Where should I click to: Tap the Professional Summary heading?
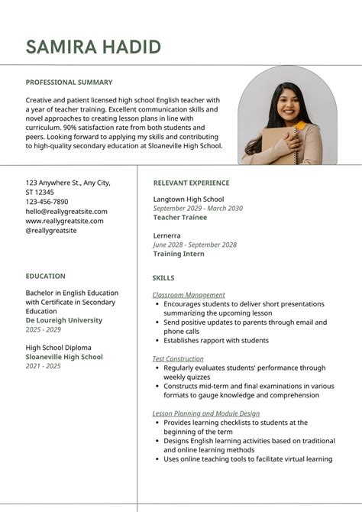(69, 83)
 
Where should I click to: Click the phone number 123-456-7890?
(47, 202)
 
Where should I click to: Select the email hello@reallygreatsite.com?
(66, 212)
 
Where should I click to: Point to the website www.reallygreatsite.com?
(64, 221)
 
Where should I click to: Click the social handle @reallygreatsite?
(51, 230)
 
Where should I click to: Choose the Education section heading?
(45, 277)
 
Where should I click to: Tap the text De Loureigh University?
(63, 321)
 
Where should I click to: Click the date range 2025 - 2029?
(43, 330)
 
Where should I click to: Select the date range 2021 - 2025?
(43, 366)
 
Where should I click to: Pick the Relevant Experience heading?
(191, 183)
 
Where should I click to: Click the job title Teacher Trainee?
(179, 217)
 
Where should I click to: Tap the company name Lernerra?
(167, 235)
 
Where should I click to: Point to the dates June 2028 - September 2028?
(195, 245)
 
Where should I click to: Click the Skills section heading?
(163, 278)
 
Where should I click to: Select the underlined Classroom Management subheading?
(189, 295)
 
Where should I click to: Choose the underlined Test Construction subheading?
(178, 358)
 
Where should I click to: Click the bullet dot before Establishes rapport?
(157, 341)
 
